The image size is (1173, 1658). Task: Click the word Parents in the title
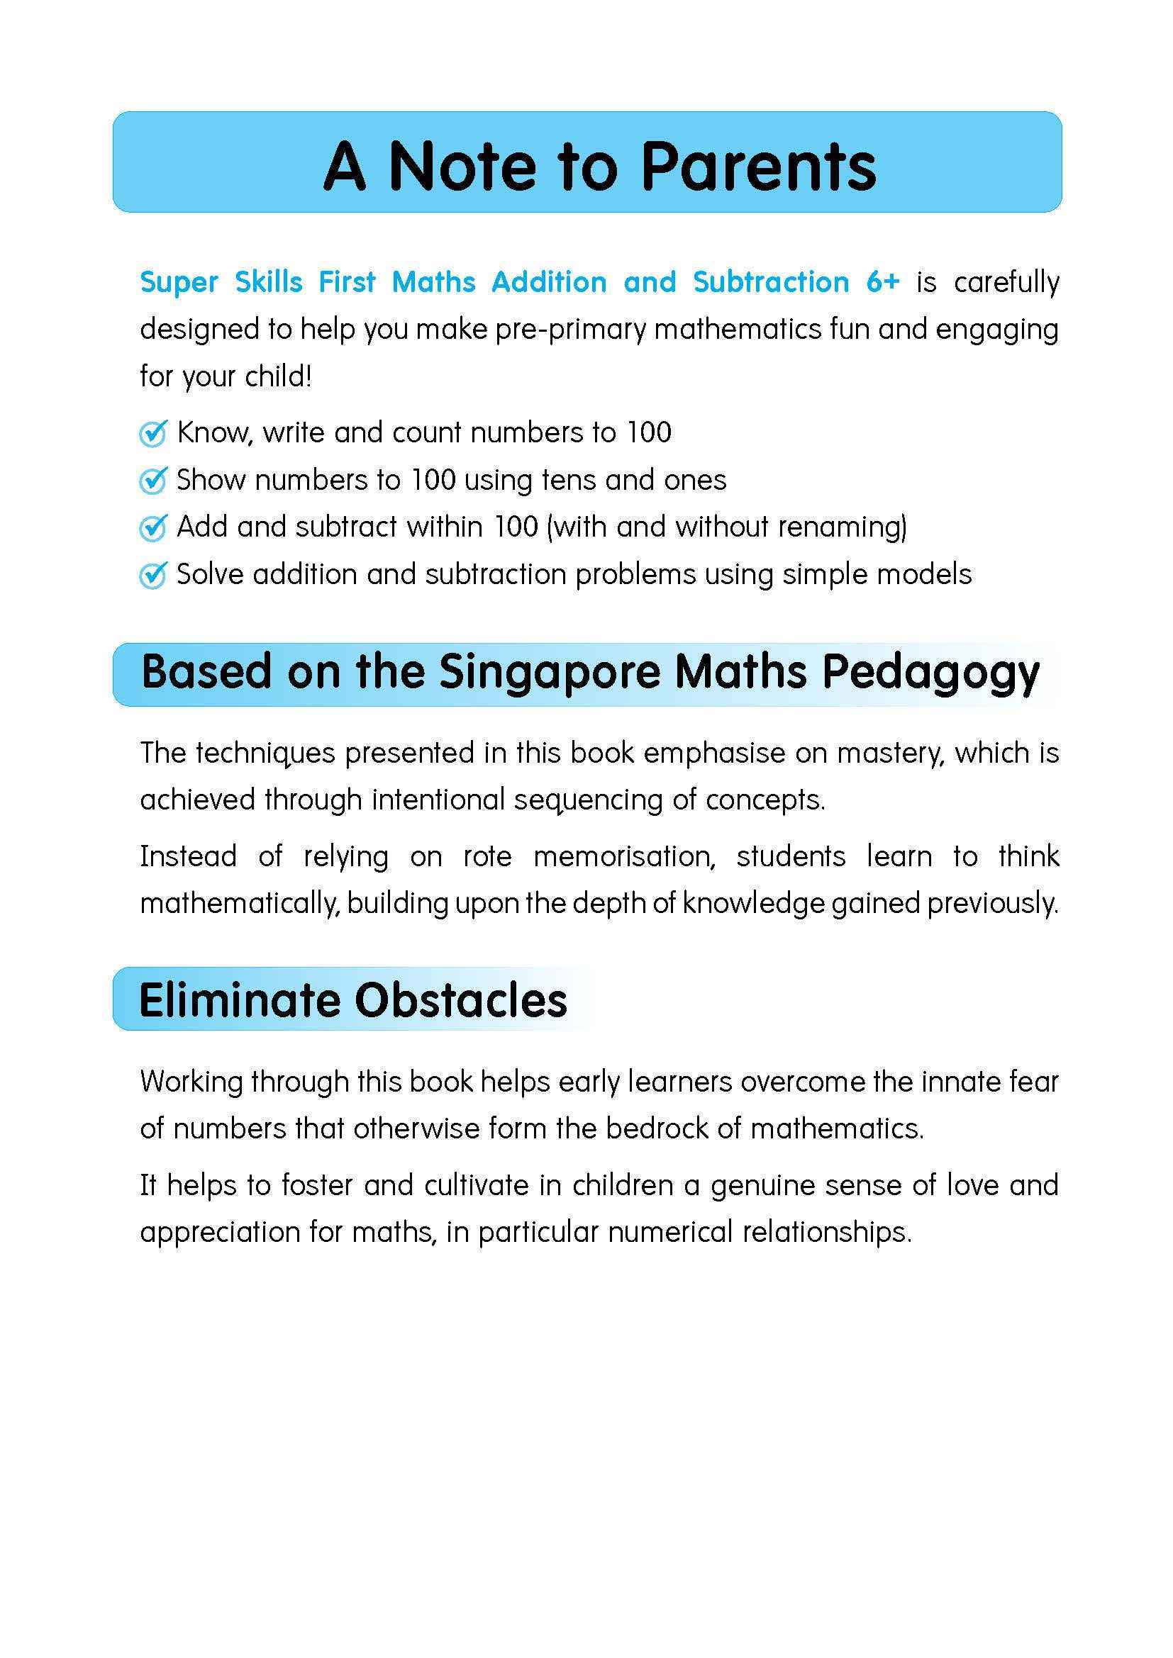(x=757, y=167)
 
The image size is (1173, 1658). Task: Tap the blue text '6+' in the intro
(x=882, y=281)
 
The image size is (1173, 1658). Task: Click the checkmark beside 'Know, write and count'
(x=153, y=433)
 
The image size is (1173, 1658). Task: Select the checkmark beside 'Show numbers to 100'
(x=153, y=480)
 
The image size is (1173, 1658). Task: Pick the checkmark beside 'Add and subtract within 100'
(x=153, y=528)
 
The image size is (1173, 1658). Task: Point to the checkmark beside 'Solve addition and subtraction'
(x=153, y=575)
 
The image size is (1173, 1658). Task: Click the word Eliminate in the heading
(x=238, y=1000)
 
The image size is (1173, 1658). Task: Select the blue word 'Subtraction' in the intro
(x=771, y=281)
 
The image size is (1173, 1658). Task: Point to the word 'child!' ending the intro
(x=278, y=376)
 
